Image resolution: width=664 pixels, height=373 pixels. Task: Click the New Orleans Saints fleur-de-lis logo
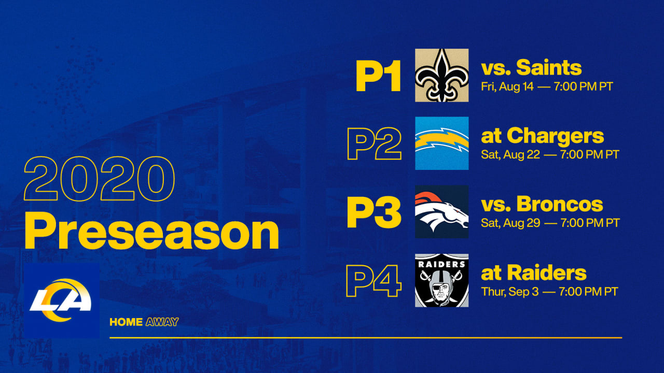(x=441, y=75)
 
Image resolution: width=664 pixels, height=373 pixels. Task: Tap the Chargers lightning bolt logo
(x=441, y=144)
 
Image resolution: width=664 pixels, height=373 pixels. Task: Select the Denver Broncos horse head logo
(x=441, y=212)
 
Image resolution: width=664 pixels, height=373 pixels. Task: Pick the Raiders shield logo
(x=441, y=280)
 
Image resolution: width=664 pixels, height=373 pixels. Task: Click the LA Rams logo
(x=62, y=300)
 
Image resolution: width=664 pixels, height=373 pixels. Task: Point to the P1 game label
(x=378, y=76)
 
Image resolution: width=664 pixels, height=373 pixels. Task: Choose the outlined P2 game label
(x=375, y=144)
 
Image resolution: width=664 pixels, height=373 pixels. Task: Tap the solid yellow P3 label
(x=374, y=212)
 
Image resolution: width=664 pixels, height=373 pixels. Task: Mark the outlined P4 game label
(x=374, y=281)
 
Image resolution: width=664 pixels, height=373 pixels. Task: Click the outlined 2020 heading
(x=99, y=179)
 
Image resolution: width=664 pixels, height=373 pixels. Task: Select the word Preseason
(x=152, y=231)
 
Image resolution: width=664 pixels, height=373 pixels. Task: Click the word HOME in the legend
(x=126, y=322)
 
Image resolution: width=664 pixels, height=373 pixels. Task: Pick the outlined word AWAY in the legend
(x=162, y=322)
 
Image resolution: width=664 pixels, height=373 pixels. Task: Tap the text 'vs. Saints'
(x=531, y=68)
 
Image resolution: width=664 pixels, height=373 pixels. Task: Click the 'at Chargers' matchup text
(x=543, y=136)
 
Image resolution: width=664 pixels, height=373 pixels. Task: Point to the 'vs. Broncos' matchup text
(x=542, y=204)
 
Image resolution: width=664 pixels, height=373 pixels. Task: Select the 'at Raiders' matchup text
(x=534, y=272)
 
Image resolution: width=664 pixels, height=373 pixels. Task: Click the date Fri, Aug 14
(x=507, y=87)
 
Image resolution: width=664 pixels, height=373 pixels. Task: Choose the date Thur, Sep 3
(x=510, y=292)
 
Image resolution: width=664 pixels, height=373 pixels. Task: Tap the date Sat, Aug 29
(x=510, y=223)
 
